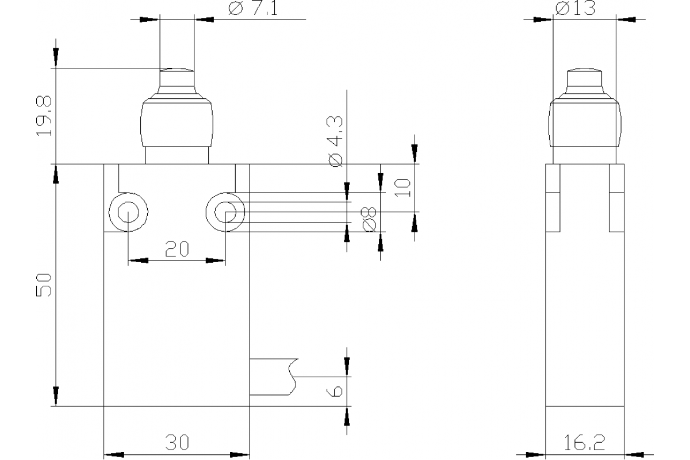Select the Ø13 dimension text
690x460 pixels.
[x=575, y=9]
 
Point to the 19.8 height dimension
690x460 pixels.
[x=44, y=116]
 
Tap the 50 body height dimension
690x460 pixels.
[x=44, y=285]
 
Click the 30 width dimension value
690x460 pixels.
[x=177, y=442]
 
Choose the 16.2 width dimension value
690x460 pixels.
[x=585, y=442]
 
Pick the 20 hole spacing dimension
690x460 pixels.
[x=177, y=249]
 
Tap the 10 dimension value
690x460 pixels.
[x=403, y=187]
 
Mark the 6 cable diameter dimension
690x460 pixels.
[x=337, y=390]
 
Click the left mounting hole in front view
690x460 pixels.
[x=126, y=213]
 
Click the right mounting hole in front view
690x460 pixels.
[x=225, y=213]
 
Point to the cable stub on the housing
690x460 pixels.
[x=274, y=377]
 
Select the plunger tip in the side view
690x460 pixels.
[x=585, y=78]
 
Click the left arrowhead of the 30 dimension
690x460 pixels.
[x=114, y=454]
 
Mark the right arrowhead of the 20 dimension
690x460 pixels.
[x=216, y=260]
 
